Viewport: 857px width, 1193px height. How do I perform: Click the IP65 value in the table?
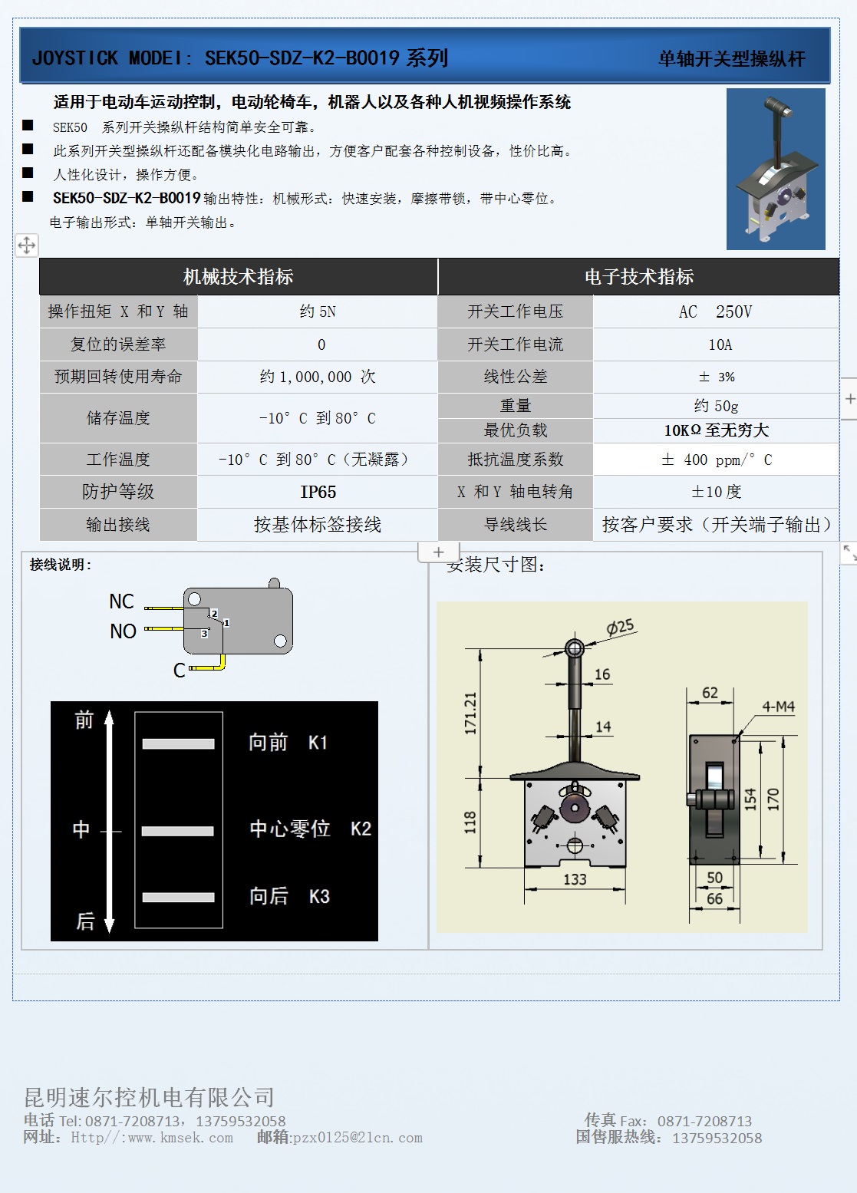[318, 492]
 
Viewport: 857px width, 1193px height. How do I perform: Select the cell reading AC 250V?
[715, 311]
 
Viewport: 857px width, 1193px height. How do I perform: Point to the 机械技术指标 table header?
[238, 276]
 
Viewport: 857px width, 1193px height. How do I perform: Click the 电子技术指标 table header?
[638, 276]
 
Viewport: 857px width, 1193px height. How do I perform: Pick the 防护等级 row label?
[118, 492]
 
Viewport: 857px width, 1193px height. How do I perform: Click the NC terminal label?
[121, 601]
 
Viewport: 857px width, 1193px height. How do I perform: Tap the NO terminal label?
[123, 631]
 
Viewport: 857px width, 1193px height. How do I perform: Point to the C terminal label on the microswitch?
[179, 670]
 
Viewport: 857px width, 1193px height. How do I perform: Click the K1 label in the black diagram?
[318, 743]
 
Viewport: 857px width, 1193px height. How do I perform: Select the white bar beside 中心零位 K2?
[178, 831]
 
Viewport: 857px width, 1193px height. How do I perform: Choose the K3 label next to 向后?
[319, 896]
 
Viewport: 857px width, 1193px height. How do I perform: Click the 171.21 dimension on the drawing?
[471, 713]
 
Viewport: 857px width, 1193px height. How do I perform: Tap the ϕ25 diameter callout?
[621, 627]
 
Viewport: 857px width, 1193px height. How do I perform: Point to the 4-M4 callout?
[778, 707]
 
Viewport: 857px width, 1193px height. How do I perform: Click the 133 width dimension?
[575, 879]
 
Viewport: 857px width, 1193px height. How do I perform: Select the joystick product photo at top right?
[776, 169]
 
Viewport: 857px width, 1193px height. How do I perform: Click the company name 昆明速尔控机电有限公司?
[149, 1097]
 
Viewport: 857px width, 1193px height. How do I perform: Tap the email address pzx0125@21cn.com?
[358, 1138]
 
